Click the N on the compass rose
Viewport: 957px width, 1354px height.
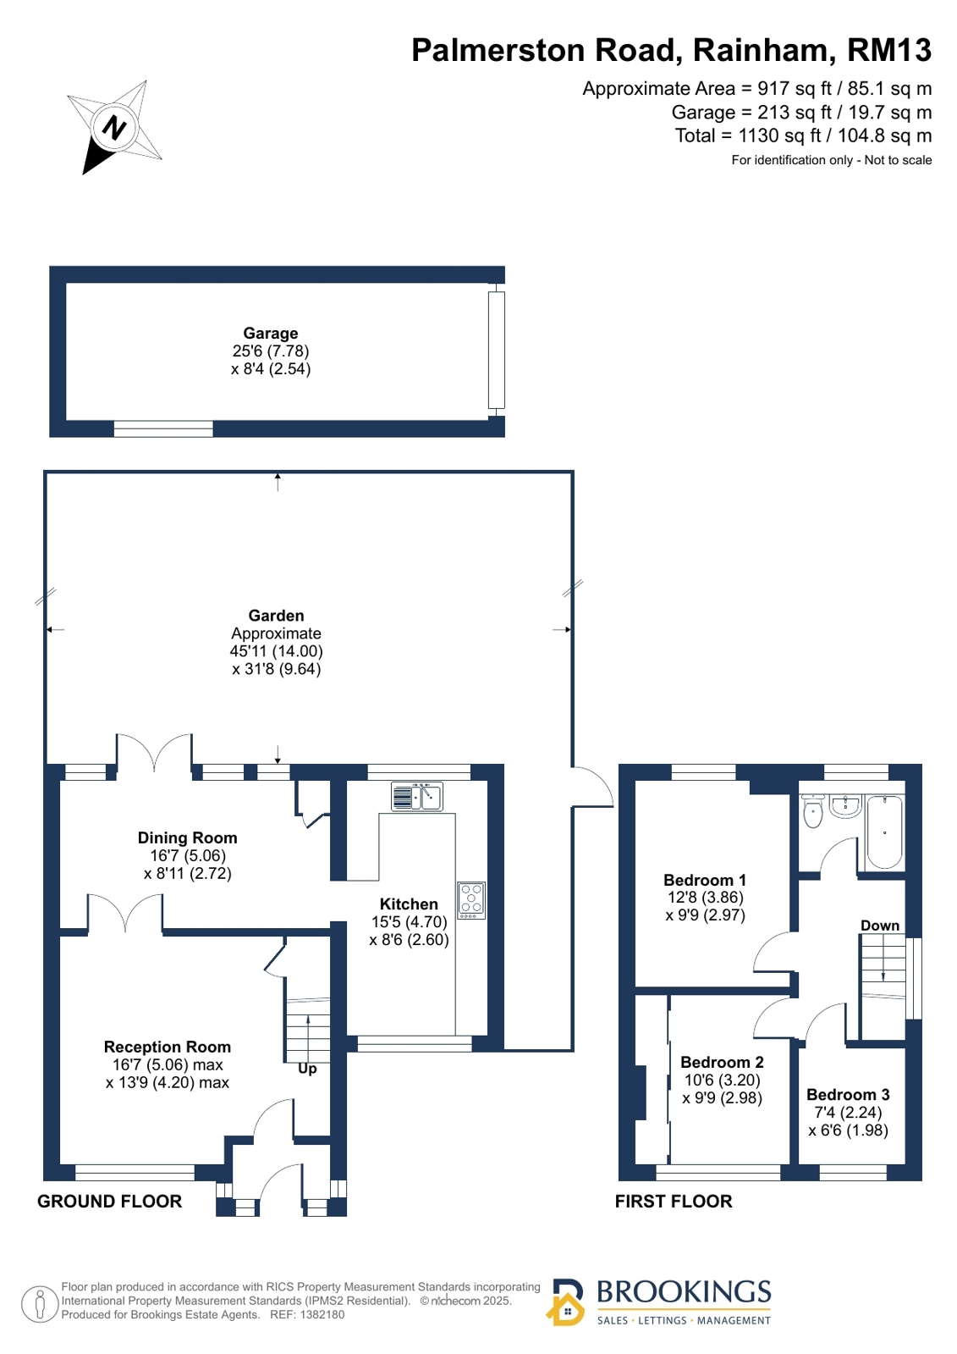coord(114,128)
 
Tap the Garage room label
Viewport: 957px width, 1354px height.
coord(270,333)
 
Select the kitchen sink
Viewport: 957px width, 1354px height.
coord(417,796)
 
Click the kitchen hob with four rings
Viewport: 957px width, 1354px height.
coord(471,900)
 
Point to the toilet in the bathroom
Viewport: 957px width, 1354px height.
coord(812,811)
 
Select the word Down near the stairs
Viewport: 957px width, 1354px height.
coord(880,926)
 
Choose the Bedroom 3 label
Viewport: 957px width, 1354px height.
coord(848,1094)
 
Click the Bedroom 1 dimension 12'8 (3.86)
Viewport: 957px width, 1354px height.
coord(705,897)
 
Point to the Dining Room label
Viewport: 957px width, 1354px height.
coord(187,837)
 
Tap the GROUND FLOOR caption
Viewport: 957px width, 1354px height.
coord(109,1201)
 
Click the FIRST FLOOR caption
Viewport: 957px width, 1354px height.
coord(673,1201)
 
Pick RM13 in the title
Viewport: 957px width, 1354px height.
coord(888,50)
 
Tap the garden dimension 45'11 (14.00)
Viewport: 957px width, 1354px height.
coord(276,651)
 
